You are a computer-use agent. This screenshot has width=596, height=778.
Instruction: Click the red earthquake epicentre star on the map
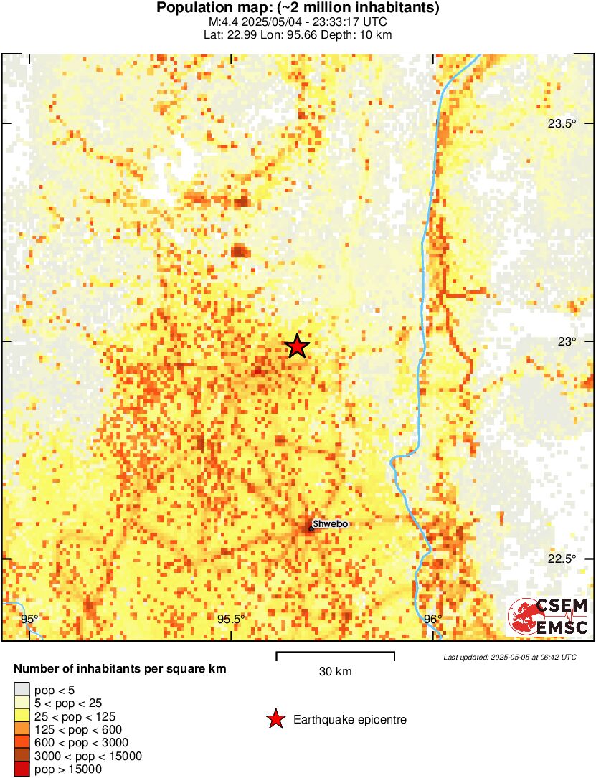(x=297, y=346)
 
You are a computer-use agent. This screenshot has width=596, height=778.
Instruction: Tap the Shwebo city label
(x=331, y=524)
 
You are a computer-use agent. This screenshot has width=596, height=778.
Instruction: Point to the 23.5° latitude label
(x=562, y=123)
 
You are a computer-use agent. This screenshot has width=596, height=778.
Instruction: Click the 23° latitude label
(x=568, y=341)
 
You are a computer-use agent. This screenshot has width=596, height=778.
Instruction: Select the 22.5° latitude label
(x=562, y=559)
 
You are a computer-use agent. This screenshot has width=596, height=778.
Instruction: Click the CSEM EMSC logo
(x=548, y=617)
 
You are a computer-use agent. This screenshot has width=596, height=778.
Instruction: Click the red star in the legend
(x=275, y=719)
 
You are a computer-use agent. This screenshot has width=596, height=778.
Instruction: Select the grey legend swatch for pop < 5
(x=22, y=690)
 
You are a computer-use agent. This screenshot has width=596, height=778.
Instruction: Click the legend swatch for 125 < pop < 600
(x=22, y=730)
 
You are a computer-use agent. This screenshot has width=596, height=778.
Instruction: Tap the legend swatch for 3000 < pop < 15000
(x=22, y=756)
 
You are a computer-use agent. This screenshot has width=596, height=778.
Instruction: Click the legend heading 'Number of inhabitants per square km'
(x=120, y=669)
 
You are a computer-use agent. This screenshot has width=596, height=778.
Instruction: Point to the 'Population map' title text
(x=298, y=9)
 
